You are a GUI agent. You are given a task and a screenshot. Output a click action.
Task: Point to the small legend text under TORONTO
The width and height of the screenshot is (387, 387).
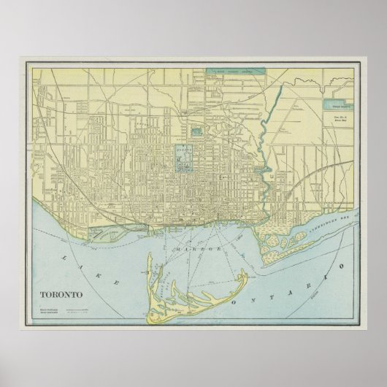pyautogui.click(x=47, y=291)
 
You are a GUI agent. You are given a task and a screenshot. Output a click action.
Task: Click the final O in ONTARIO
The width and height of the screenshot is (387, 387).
pyautogui.click(x=340, y=251)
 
